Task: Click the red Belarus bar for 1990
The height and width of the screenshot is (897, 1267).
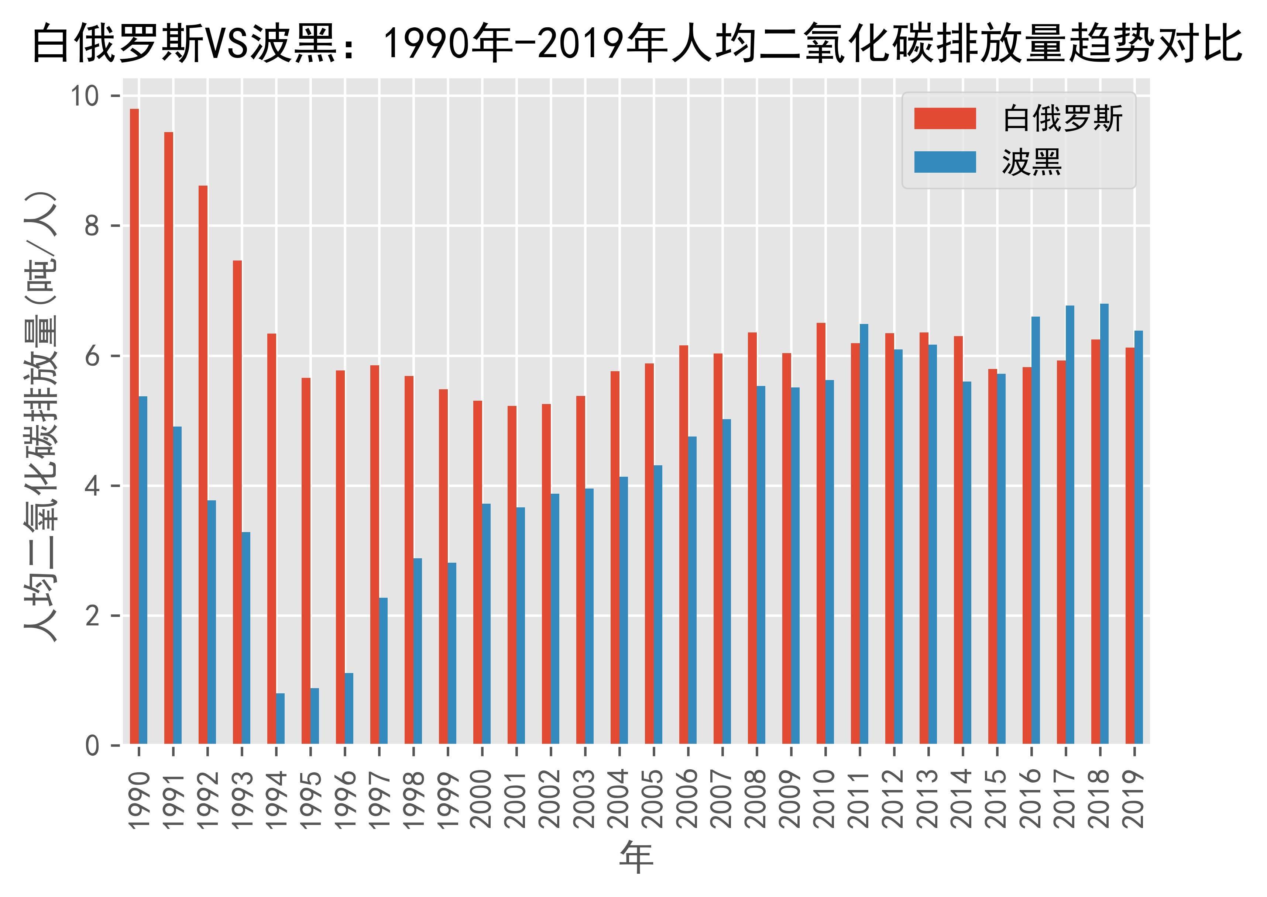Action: pos(134,425)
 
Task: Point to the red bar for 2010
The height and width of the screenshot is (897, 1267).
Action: pos(821,533)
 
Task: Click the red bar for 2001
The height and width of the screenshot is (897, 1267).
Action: pos(512,575)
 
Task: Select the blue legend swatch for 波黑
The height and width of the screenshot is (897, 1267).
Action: pos(945,162)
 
